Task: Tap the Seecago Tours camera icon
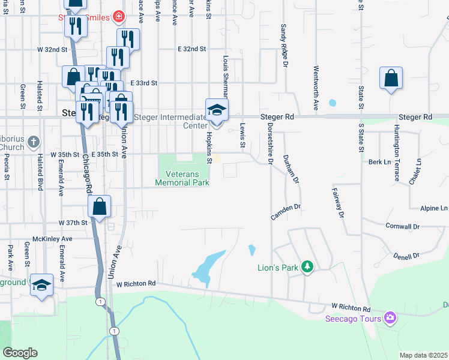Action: (x=390, y=317)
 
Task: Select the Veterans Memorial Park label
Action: (x=182, y=178)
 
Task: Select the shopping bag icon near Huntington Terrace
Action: (x=391, y=79)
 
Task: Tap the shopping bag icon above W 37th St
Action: (x=100, y=207)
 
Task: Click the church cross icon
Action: (x=34, y=142)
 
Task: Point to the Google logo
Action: (x=20, y=353)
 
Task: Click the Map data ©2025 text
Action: (x=423, y=355)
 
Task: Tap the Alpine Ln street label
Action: (x=434, y=208)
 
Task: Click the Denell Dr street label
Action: (x=407, y=256)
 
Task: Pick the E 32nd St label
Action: (x=192, y=49)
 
